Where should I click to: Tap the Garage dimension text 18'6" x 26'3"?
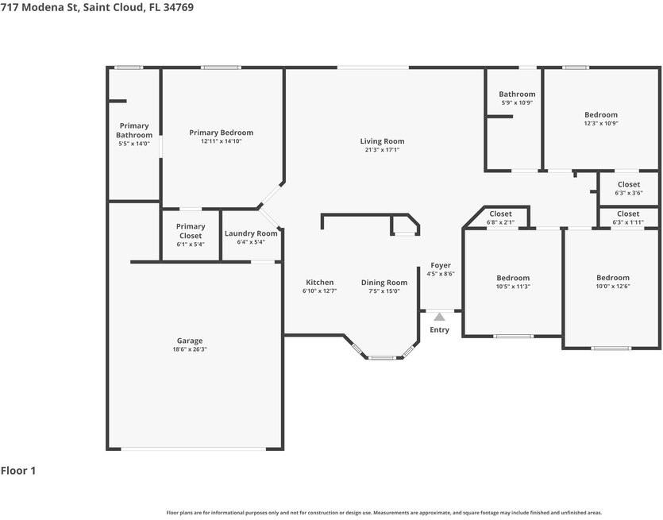click(x=190, y=349)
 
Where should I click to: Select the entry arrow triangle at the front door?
click(x=439, y=317)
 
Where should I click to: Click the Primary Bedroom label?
click(x=221, y=133)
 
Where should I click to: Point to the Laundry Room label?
click(x=251, y=233)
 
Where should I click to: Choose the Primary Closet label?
click(x=191, y=231)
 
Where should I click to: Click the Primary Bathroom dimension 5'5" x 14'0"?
click(x=134, y=144)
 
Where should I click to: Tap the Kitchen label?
click(x=320, y=283)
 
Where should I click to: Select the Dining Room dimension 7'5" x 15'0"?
click(x=384, y=291)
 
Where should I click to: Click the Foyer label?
click(x=441, y=265)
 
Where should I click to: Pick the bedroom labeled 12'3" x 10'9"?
click(x=601, y=115)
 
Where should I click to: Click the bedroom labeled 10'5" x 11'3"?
click(x=513, y=278)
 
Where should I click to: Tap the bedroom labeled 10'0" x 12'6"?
click(x=613, y=278)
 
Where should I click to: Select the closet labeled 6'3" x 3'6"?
click(x=628, y=184)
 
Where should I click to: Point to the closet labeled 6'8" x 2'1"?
click(x=500, y=214)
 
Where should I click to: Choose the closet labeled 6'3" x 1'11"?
click(x=628, y=214)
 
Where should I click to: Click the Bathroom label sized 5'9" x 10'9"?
click(x=517, y=94)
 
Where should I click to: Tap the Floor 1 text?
click(x=18, y=471)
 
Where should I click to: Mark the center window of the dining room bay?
click(x=382, y=357)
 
